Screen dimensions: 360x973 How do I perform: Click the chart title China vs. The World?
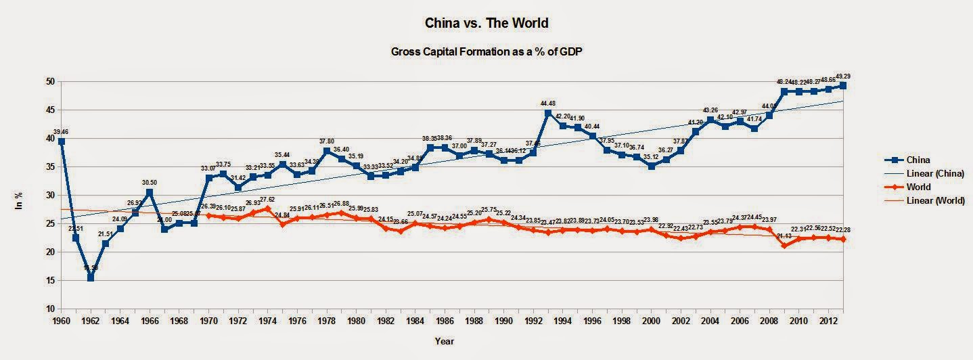tap(486, 23)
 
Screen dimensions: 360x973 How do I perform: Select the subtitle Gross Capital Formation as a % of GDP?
tap(486, 51)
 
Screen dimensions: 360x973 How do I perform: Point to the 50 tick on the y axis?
tap(49, 81)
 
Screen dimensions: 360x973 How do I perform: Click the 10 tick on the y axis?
tap(49, 309)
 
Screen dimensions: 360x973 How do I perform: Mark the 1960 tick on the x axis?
tap(62, 320)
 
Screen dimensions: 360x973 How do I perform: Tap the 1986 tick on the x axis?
tap(445, 320)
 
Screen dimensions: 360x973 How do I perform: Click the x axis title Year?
tap(445, 342)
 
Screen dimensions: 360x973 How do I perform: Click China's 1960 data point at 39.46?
tap(62, 141)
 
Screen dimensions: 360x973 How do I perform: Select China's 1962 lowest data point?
tap(91, 277)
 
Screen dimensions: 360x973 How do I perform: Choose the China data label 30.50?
tap(150, 183)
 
